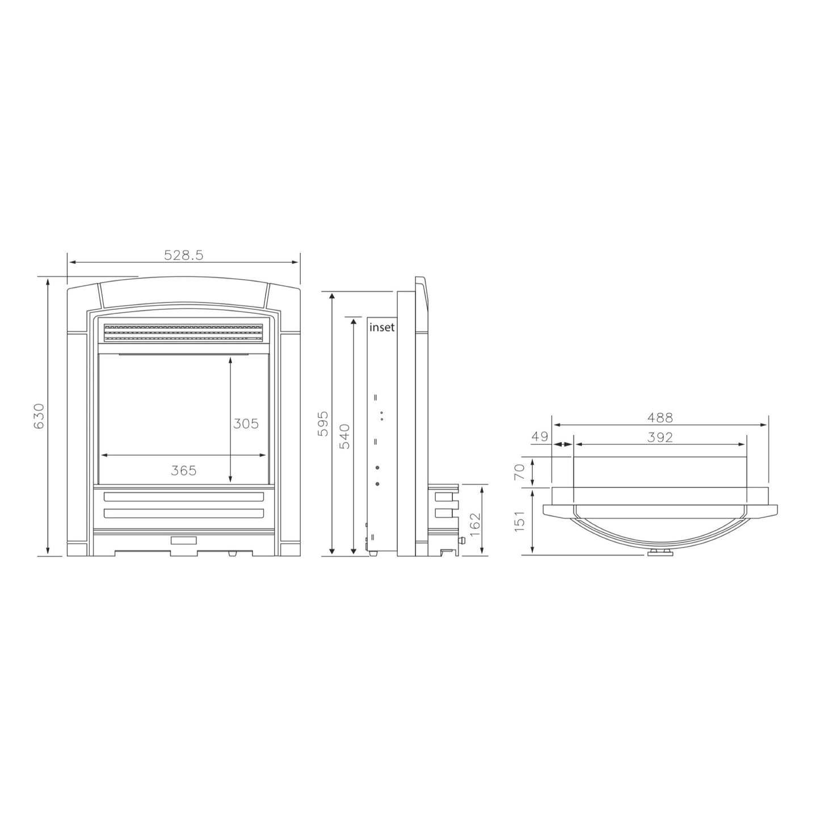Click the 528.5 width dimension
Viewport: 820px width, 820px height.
tap(184, 255)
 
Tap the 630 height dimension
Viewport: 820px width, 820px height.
tap(39, 416)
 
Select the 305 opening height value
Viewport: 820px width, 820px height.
tap(246, 423)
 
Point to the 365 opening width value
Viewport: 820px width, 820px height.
tap(184, 470)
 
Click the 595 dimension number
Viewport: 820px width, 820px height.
tap(323, 423)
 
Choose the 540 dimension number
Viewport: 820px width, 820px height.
tap(344, 436)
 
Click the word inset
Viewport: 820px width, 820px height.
tap(382, 327)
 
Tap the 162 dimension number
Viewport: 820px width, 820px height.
tap(475, 521)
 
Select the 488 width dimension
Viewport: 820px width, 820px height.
tap(660, 418)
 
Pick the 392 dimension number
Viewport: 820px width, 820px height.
tap(660, 438)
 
